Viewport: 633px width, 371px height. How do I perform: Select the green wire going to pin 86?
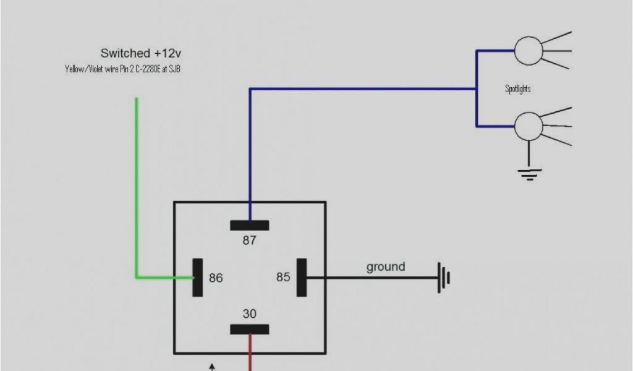(x=137, y=185)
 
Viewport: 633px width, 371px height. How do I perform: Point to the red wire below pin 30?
(x=250, y=352)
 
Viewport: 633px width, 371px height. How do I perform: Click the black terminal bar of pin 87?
(x=249, y=225)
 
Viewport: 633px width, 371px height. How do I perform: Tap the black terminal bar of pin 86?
(x=198, y=277)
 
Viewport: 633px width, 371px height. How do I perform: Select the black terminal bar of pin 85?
(x=302, y=277)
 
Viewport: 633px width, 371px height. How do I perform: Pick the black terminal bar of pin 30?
(x=249, y=329)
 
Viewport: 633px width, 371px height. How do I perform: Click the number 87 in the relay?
(x=249, y=241)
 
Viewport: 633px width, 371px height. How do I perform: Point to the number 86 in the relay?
(x=216, y=278)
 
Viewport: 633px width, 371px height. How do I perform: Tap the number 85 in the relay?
(x=283, y=277)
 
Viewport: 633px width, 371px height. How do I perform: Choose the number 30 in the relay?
(x=249, y=314)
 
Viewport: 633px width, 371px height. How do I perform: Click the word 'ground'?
(x=386, y=267)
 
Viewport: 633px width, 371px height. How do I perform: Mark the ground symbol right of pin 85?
(x=443, y=278)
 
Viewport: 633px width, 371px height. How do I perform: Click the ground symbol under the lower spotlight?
(x=529, y=173)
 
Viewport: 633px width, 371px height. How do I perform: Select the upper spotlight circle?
(x=529, y=51)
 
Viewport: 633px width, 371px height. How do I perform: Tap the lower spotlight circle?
(x=529, y=126)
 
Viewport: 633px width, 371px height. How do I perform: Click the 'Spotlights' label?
(x=518, y=89)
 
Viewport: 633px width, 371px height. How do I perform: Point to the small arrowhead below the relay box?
(x=212, y=367)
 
